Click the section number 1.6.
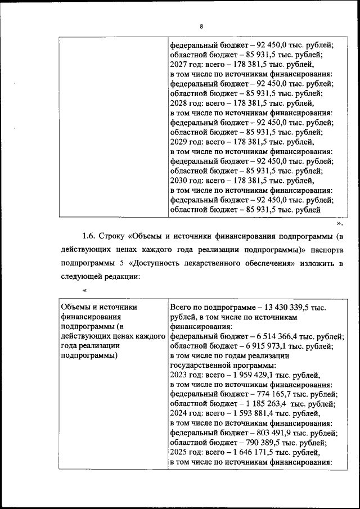(90, 233)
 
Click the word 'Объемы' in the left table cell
(78, 307)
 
